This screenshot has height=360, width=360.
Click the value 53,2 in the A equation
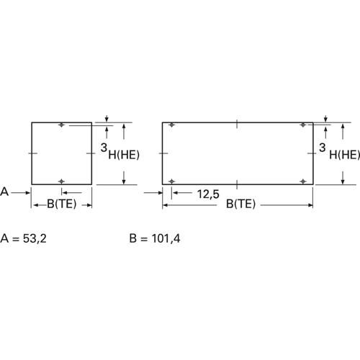click(x=35, y=238)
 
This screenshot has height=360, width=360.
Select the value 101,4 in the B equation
click(x=166, y=238)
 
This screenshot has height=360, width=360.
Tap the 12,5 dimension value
click(x=208, y=194)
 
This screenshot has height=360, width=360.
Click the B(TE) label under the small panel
click(x=62, y=204)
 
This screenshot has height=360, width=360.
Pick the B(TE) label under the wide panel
click(x=241, y=204)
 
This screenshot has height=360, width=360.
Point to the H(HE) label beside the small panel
click(x=124, y=155)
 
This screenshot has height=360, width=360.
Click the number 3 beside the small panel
click(x=104, y=148)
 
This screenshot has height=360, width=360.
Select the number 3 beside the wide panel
click(x=323, y=148)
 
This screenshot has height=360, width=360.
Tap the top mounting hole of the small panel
click(x=62, y=125)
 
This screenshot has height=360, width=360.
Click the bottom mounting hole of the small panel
click(x=62, y=181)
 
